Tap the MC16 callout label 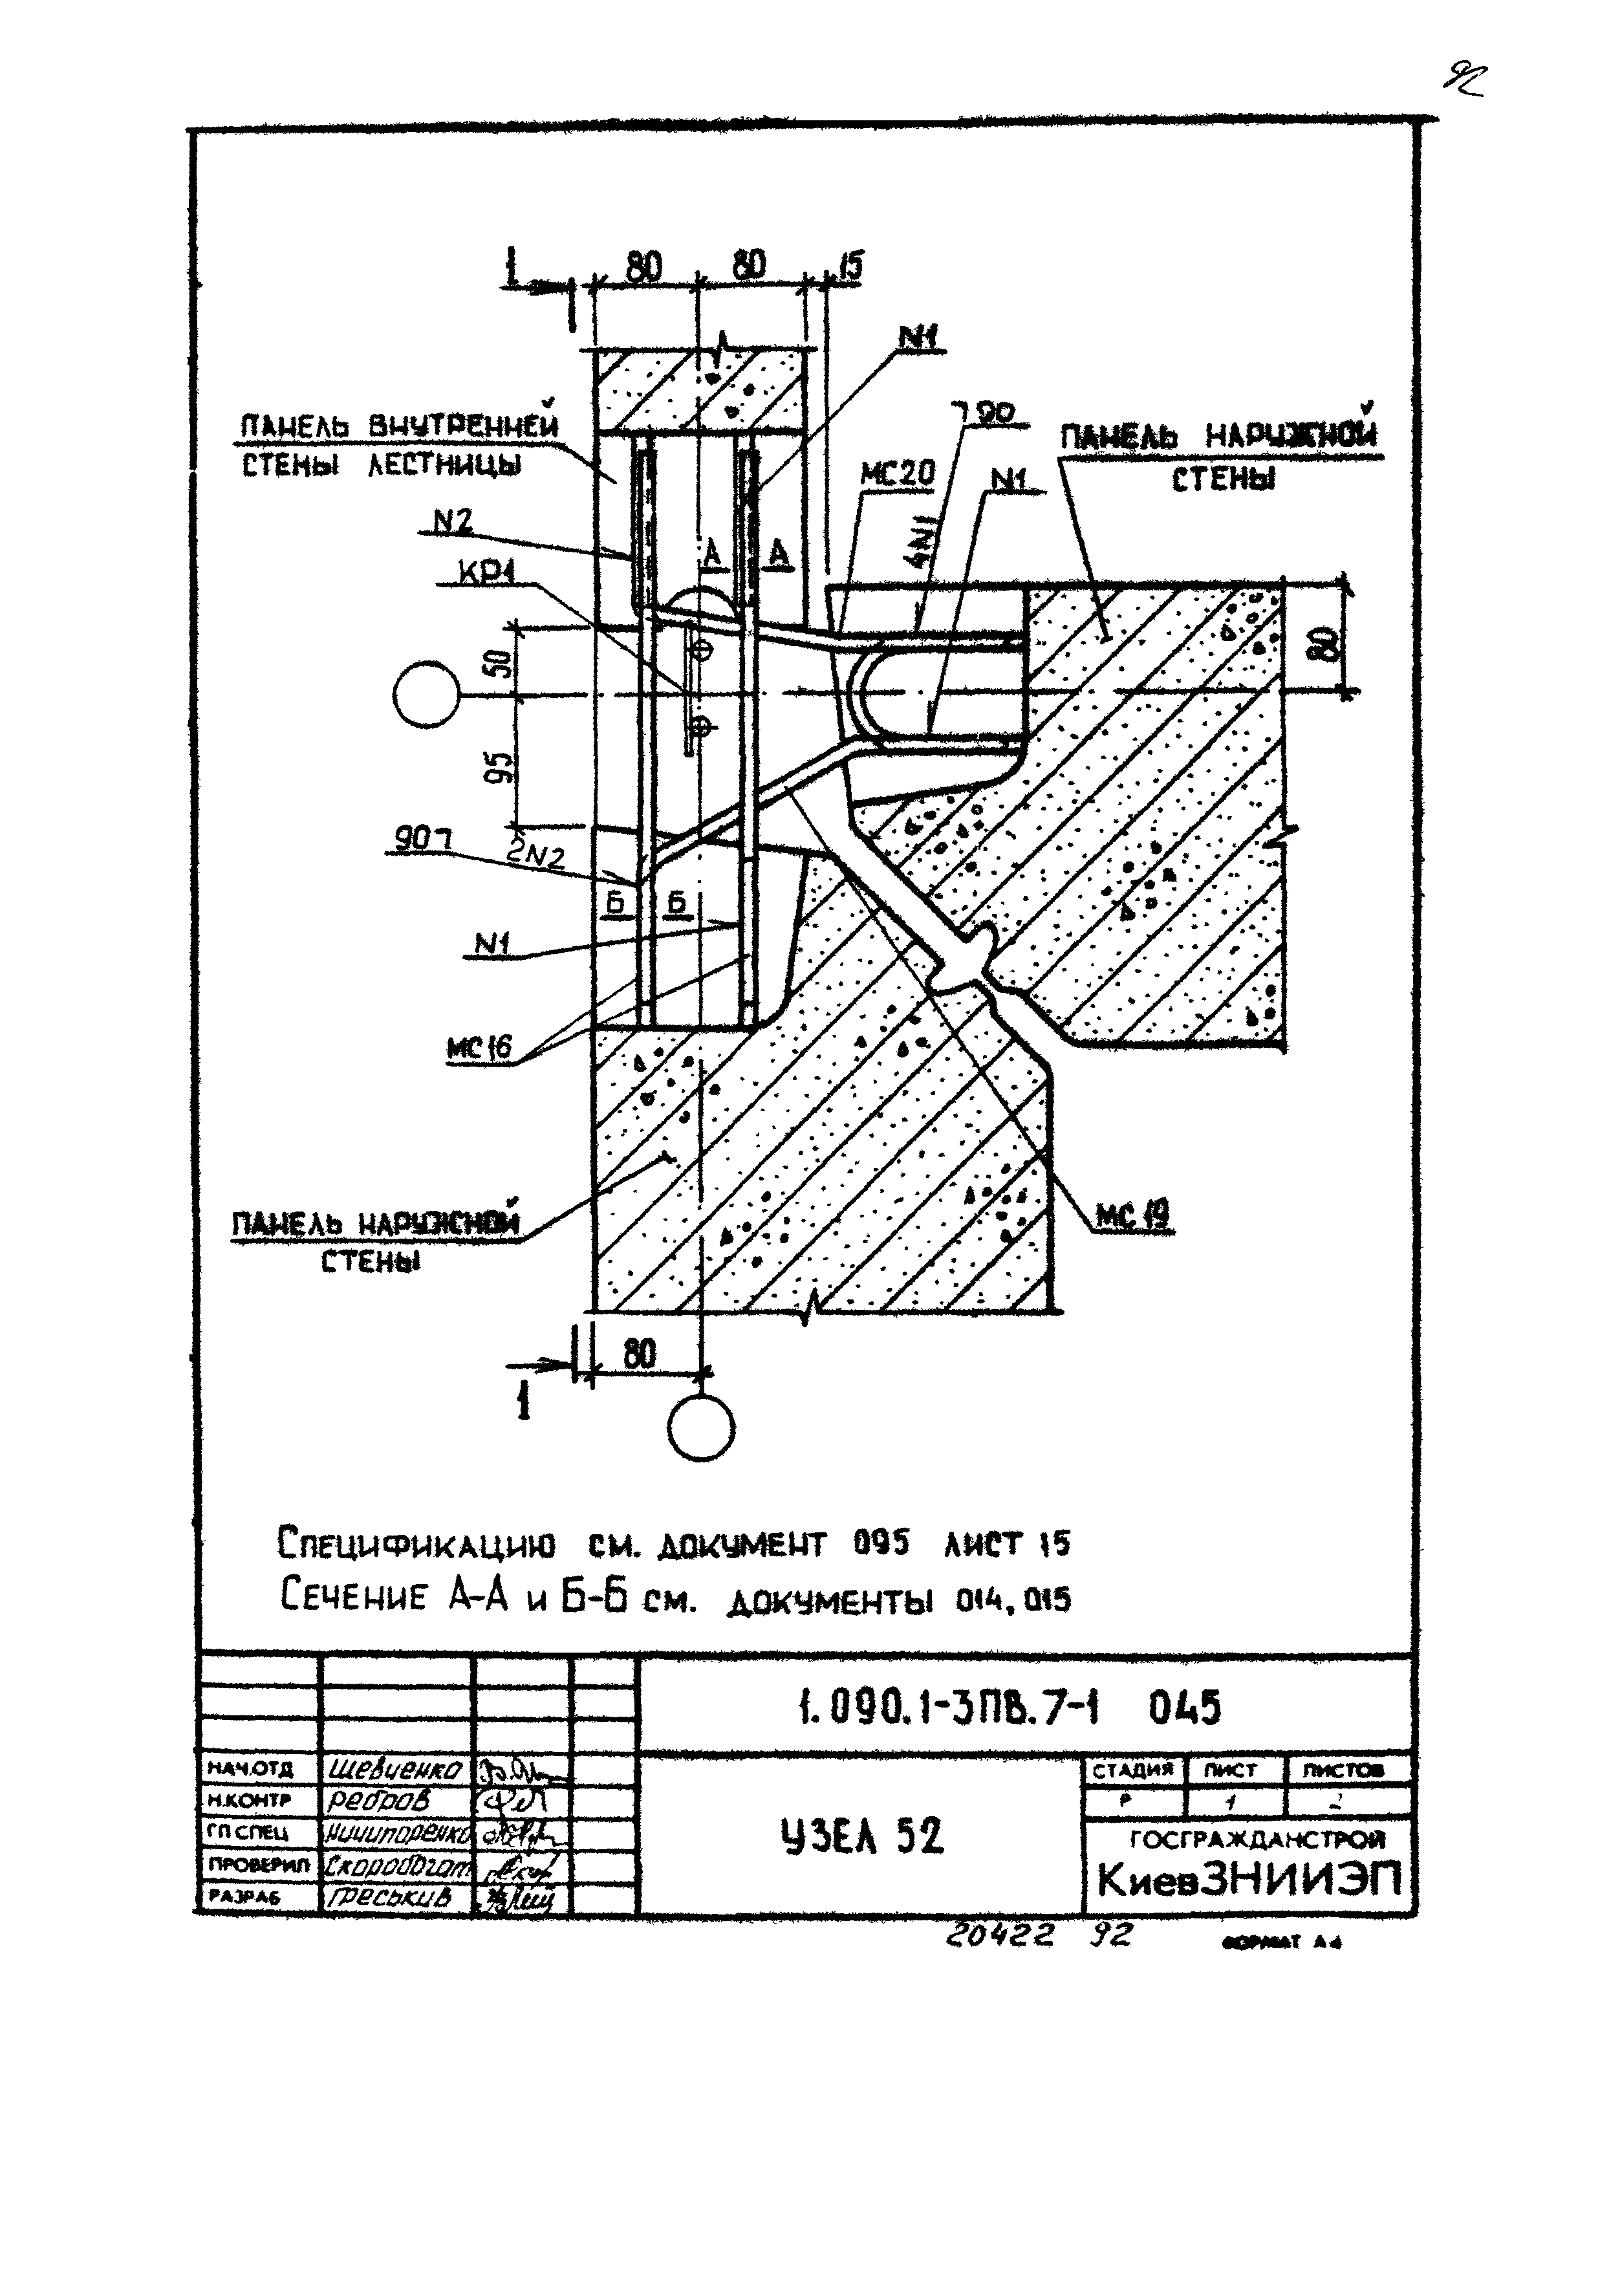[479, 1047]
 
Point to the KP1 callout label [485, 572]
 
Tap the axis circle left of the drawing [426, 695]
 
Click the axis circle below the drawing [701, 1429]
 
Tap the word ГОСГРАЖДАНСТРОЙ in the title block [1257, 1839]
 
